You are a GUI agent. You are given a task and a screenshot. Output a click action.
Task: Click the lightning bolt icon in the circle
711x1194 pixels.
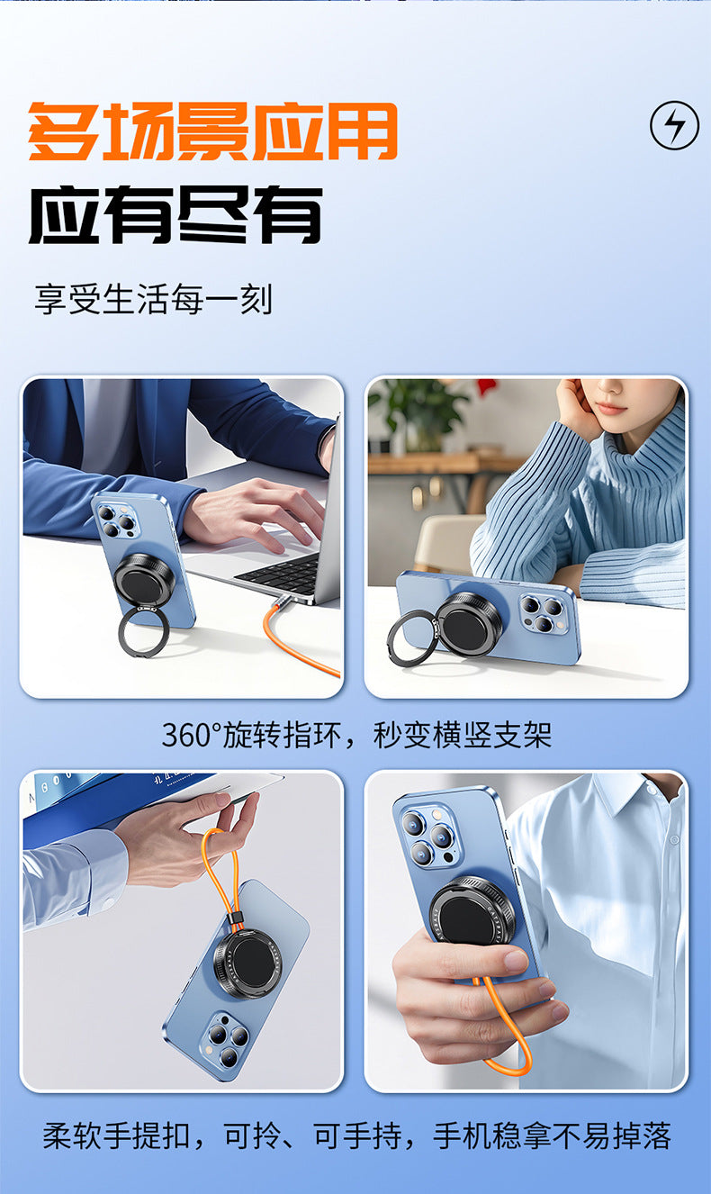674,125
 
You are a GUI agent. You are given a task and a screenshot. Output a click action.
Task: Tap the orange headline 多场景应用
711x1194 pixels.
213,131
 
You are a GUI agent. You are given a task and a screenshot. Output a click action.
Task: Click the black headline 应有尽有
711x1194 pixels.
175,215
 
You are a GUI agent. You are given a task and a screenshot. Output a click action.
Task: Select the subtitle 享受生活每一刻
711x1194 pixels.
154,299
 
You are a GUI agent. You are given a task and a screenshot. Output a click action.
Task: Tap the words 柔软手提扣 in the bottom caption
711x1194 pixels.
116,1135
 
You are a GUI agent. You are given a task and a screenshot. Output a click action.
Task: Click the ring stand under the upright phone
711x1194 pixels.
140,631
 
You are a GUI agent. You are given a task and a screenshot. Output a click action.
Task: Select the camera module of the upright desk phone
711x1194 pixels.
115,520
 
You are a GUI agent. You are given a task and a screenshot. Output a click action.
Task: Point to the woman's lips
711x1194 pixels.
610,409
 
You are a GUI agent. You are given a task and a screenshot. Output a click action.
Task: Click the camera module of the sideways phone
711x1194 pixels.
544,614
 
